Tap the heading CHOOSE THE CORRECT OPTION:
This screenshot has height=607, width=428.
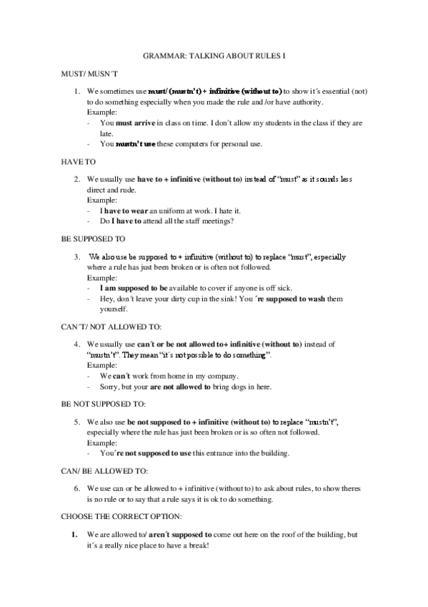click(120, 515)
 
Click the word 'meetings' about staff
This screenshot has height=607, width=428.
click(217, 221)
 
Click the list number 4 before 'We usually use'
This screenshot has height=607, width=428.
click(77, 344)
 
